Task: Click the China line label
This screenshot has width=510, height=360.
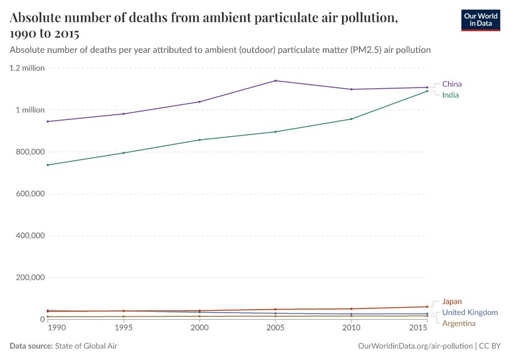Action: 452,84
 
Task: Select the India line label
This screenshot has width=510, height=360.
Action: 451,95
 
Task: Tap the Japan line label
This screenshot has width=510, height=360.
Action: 452,302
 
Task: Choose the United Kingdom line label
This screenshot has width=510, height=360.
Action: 470,313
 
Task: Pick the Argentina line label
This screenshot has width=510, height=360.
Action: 462,323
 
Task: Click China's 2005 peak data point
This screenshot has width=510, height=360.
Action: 275,80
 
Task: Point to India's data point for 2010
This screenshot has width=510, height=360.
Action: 352,119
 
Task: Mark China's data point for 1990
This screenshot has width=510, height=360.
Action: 48,121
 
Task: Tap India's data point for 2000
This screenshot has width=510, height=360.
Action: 200,140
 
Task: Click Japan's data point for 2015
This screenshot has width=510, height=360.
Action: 427,307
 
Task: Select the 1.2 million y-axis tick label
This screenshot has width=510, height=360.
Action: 27,68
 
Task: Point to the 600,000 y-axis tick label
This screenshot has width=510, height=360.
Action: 29,194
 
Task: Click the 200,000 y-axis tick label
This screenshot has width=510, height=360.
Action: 29,278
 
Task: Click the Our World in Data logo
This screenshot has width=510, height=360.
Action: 480,20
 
